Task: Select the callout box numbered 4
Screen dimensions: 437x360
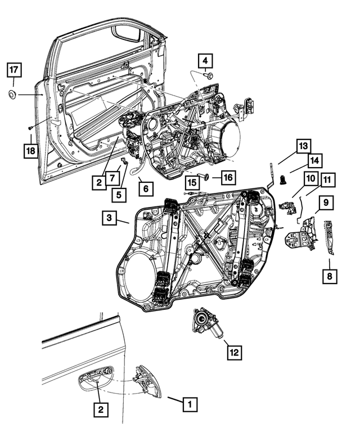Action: pos(205,60)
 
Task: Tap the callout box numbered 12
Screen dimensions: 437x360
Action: pos(235,353)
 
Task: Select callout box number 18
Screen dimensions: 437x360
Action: pos(30,150)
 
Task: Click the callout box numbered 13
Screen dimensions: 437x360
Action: pos(302,146)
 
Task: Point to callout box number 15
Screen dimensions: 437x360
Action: pos(192,182)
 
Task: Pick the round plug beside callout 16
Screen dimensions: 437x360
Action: pos(206,177)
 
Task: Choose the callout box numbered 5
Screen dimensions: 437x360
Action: pos(119,195)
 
